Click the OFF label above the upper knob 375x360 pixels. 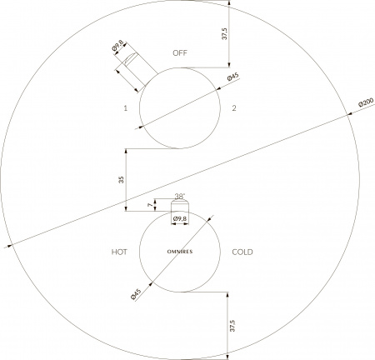(x=180, y=52)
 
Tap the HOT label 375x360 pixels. (x=119, y=252)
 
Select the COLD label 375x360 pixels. (x=242, y=252)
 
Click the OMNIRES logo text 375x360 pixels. (x=180, y=252)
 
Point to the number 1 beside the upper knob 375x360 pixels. (x=126, y=108)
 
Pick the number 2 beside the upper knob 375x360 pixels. (x=234, y=108)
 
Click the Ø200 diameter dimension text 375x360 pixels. (x=366, y=102)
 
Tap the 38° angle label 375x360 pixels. (x=180, y=197)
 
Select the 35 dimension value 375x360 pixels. (x=121, y=180)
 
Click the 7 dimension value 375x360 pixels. (x=150, y=205)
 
